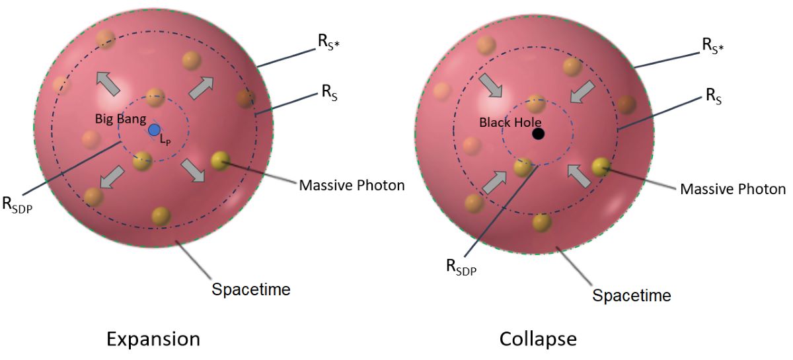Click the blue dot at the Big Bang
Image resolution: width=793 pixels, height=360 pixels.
(x=154, y=129)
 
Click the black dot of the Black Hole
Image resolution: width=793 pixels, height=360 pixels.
(x=538, y=134)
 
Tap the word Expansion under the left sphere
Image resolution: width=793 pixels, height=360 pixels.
(x=153, y=340)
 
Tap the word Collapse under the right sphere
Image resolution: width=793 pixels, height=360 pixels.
(x=538, y=340)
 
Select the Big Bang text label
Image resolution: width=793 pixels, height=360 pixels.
(x=119, y=120)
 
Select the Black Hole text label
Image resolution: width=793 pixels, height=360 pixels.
(x=510, y=122)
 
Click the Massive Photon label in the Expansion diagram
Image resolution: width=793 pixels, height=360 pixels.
(x=352, y=185)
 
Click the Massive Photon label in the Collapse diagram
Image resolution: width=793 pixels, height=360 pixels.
(x=733, y=189)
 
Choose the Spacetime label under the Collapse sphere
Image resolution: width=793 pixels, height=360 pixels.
(x=632, y=295)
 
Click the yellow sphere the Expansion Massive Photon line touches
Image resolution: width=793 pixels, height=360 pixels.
(x=220, y=160)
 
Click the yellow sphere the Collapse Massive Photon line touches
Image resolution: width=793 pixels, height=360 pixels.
(x=600, y=166)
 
